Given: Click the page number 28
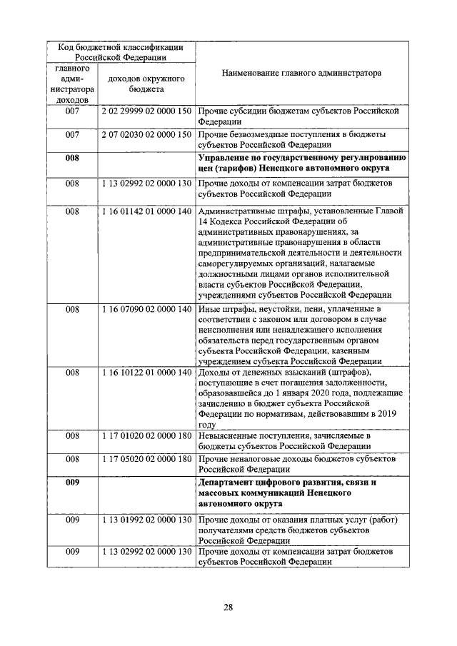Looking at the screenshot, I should [228, 607].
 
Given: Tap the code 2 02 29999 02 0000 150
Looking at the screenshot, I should [146, 112].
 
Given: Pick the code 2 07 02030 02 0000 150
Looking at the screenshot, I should [146, 134].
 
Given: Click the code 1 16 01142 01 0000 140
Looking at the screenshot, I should [146, 211].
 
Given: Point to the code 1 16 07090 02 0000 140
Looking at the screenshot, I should [146, 309].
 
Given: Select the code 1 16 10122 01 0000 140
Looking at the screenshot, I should [146, 372].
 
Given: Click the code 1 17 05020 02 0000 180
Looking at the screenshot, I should [146, 458].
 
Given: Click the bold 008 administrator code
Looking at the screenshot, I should [72, 158].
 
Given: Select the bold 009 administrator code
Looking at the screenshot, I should [72, 482].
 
